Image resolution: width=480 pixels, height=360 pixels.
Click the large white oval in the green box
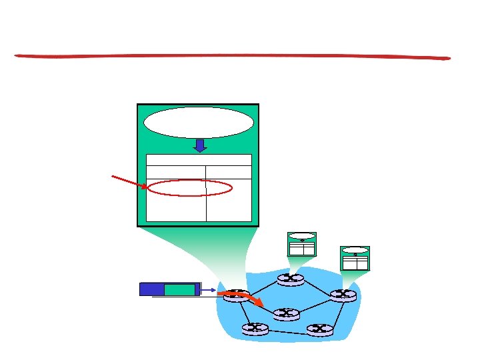199,123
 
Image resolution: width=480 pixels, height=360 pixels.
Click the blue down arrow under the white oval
199,145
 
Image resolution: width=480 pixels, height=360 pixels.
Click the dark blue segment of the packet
152,289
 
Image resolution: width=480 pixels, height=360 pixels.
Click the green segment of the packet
179,289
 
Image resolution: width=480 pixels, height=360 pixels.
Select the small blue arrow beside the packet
207,290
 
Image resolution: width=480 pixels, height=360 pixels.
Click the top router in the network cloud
291,279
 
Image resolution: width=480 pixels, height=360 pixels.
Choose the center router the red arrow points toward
285,313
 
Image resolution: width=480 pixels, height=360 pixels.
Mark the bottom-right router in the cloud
319,329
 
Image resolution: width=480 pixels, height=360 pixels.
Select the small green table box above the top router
301,244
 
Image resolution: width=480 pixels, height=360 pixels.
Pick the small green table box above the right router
355,258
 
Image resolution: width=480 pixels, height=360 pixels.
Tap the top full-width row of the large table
199,160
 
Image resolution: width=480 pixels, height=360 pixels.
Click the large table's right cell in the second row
229,172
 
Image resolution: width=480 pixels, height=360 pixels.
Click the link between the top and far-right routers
317,287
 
